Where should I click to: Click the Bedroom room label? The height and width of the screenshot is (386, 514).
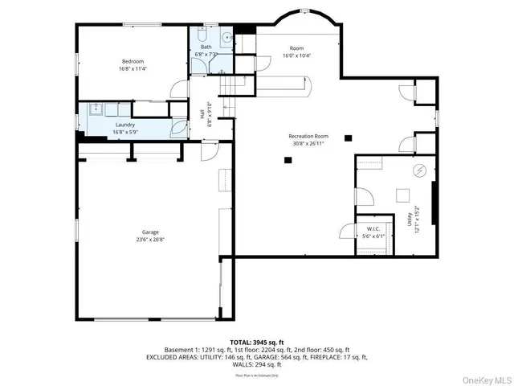[133, 61]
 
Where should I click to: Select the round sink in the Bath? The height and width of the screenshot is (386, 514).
[226, 36]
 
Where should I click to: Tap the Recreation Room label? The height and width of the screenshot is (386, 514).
[309, 137]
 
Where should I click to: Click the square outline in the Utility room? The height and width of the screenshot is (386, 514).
[401, 194]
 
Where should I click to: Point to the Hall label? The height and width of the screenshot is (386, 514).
[202, 115]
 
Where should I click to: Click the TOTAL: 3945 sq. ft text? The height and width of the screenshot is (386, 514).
[256, 342]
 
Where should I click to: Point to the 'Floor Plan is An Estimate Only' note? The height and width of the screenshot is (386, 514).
[256, 375]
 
